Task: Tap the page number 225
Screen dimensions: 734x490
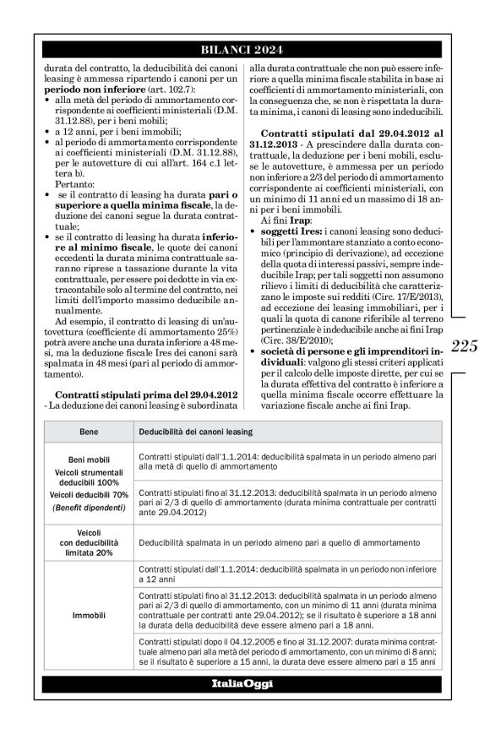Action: click(x=465, y=344)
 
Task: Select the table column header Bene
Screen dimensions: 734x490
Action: click(x=89, y=432)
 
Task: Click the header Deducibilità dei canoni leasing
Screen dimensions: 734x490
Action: click(x=197, y=432)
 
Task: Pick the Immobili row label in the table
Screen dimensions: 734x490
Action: click(x=89, y=615)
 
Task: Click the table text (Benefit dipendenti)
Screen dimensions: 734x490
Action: click(x=89, y=507)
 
